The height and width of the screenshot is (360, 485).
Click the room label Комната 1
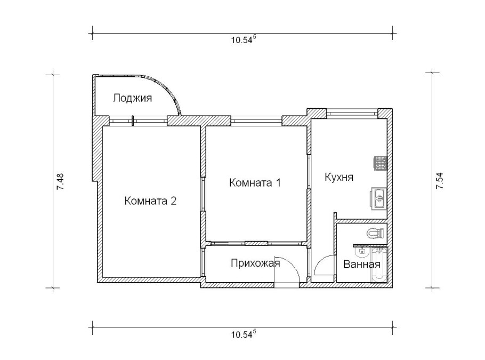254,182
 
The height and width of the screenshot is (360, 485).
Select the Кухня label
339,177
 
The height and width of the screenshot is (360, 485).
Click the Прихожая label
255,262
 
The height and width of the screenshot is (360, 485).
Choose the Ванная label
362,264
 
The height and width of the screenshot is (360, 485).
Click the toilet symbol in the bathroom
376,233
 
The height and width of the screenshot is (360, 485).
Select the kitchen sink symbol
379,199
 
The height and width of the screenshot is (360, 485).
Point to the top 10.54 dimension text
243,39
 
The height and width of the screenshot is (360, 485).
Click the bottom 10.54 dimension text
243,334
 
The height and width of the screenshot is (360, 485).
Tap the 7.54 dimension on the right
439,181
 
